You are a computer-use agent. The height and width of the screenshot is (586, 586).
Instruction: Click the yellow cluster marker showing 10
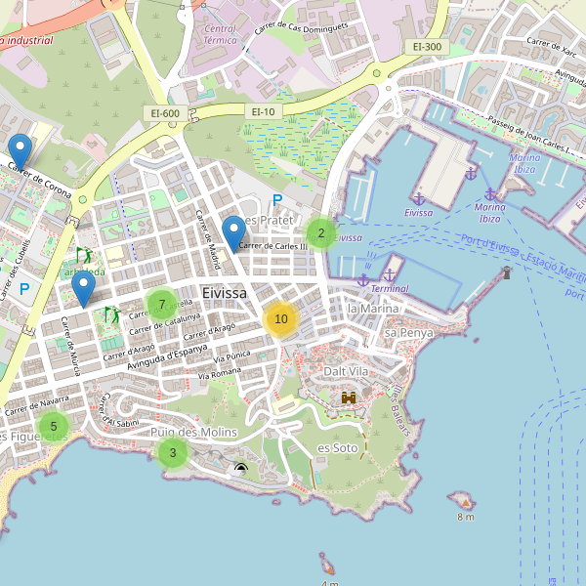click(x=280, y=319)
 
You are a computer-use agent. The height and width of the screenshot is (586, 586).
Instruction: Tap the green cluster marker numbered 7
click(x=161, y=305)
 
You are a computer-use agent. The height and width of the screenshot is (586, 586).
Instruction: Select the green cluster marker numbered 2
click(x=320, y=233)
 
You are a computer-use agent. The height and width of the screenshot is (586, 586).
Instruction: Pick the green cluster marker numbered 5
click(x=54, y=426)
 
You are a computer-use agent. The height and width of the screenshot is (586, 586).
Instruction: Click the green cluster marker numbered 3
click(x=173, y=452)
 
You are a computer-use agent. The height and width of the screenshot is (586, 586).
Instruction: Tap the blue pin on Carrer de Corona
click(x=20, y=151)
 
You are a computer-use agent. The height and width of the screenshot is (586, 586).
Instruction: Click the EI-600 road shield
click(x=165, y=113)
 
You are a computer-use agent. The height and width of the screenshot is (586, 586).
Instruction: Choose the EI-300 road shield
click(x=427, y=47)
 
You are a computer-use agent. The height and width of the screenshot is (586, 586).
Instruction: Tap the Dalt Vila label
click(x=347, y=371)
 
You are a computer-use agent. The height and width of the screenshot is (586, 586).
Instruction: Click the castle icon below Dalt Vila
click(x=349, y=398)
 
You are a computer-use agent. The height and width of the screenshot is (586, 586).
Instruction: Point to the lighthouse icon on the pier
click(x=506, y=272)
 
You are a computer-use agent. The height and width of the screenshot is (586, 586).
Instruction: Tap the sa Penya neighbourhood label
click(x=408, y=333)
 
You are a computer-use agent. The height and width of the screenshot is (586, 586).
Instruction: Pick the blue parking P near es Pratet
click(x=277, y=200)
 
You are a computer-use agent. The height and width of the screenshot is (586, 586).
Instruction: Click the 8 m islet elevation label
click(x=465, y=516)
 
